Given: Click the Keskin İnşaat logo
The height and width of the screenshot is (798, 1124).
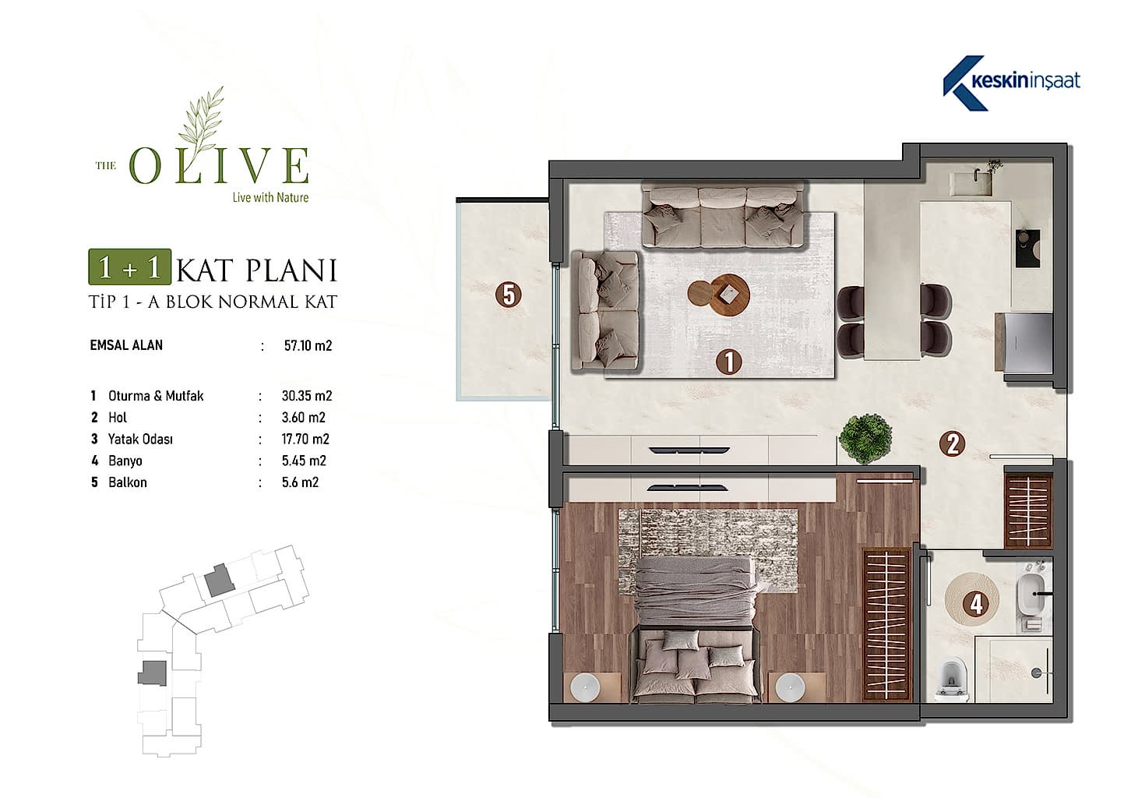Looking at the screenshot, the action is [1011, 83].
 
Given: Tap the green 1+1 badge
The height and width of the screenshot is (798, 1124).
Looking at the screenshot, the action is [130, 267].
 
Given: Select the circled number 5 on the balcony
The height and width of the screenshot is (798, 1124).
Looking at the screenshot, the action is [509, 295].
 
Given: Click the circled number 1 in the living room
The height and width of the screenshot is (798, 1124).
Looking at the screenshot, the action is [728, 362].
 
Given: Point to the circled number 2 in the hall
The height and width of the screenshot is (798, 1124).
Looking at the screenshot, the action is [953, 443].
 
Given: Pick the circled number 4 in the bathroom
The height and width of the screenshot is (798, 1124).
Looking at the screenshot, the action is [975, 604].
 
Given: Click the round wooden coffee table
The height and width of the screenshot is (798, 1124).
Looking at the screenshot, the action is [719, 295].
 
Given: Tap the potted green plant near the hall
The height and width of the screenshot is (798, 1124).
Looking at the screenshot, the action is [865, 438].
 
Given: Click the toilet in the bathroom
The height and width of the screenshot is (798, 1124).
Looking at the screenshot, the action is [952, 680].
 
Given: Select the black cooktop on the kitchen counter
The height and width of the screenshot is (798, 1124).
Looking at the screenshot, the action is [1027, 249].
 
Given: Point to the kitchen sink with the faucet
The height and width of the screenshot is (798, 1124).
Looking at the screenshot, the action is [973, 183].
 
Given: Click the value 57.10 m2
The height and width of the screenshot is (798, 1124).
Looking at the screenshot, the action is [308, 346].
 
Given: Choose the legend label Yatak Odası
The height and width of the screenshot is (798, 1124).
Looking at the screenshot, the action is [140, 440].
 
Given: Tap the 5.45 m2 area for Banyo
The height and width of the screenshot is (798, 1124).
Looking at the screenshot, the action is [304, 461].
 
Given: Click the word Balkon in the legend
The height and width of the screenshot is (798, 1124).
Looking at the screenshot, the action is [128, 482].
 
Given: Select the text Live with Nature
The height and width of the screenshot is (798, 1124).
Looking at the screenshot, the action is [270, 197].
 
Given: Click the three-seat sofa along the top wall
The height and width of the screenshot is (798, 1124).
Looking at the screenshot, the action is [723, 216].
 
